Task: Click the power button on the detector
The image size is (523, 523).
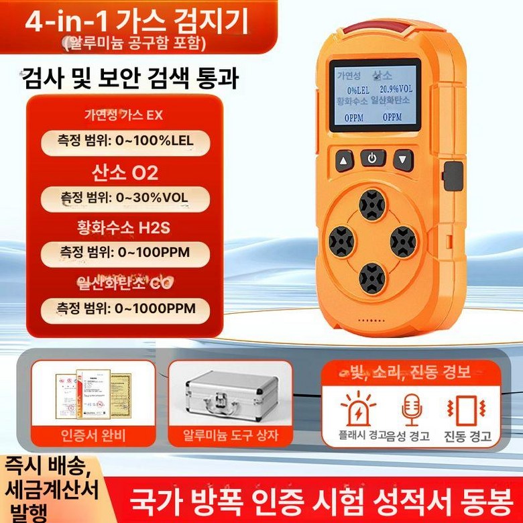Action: (373, 159)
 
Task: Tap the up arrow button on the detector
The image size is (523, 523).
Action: (345, 161)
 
